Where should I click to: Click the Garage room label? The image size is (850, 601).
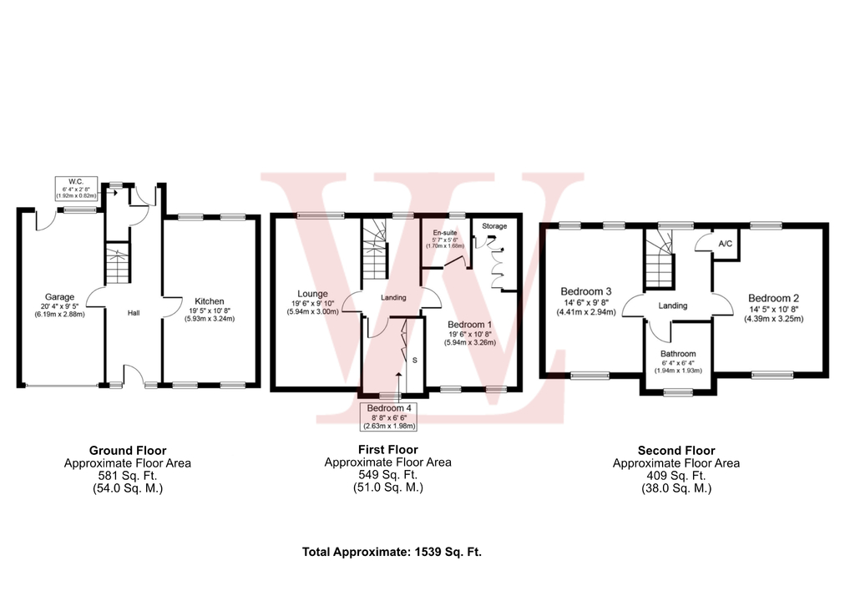click(60, 296)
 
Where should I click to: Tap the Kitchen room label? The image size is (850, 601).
click(210, 301)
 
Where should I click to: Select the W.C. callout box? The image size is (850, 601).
click(76, 188)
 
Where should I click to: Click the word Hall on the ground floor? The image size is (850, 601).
click(134, 313)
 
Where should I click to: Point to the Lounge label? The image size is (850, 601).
click(312, 294)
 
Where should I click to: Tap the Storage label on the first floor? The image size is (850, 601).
click(494, 226)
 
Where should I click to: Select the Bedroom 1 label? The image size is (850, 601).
click(469, 324)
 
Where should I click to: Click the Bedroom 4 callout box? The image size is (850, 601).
click(388, 416)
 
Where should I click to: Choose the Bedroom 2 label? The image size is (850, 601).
click(773, 298)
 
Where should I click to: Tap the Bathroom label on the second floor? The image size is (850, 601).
click(677, 354)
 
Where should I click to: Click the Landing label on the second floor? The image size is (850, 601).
click(673, 306)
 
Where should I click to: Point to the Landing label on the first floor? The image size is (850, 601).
click(393, 297)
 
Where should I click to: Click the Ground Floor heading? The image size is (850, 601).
click(128, 451)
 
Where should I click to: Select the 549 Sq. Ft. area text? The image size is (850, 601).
click(387, 475)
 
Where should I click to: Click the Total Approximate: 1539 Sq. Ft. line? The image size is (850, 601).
click(392, 552)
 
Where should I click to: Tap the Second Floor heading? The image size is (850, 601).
click(676, 451)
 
